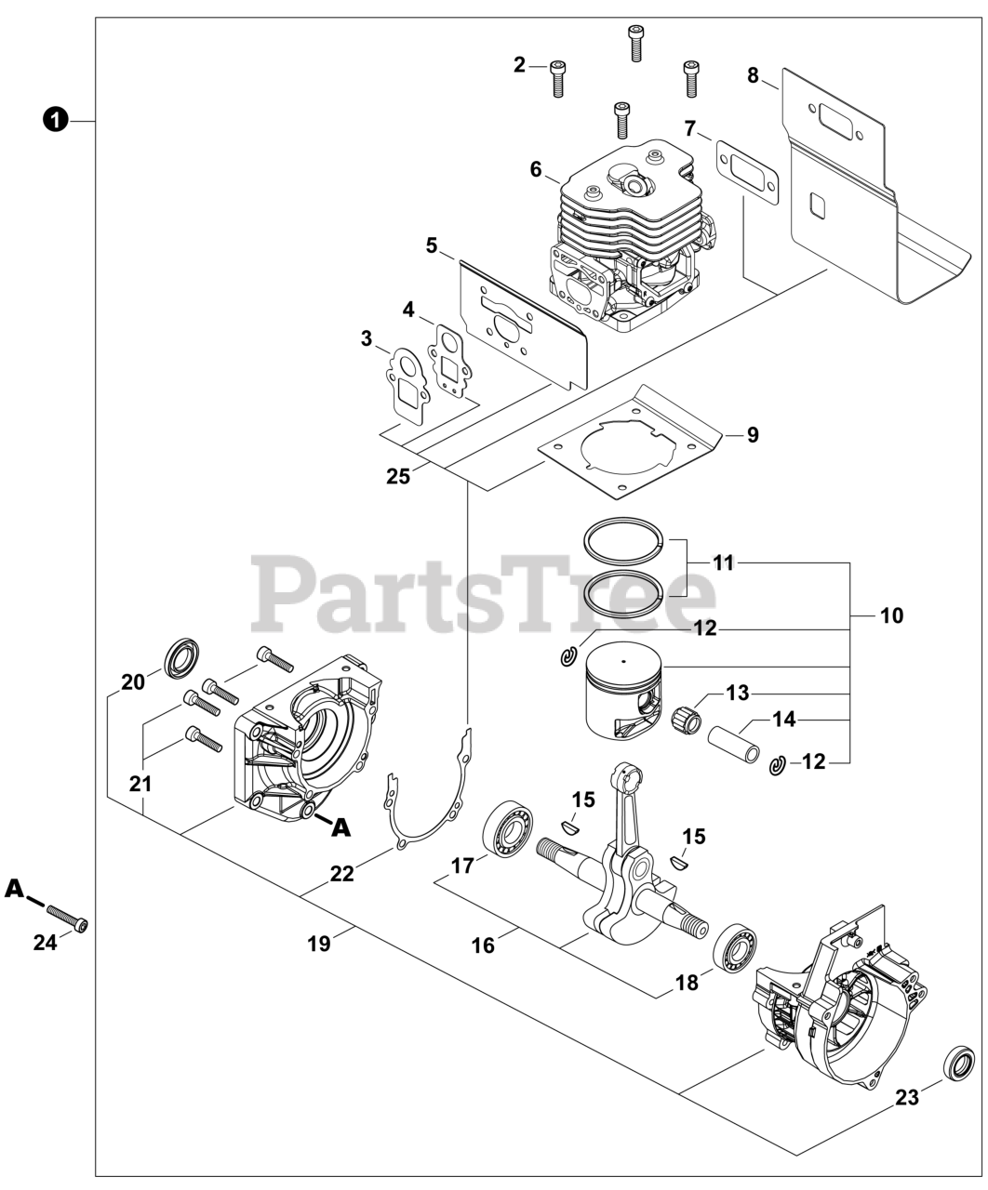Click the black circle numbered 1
57,120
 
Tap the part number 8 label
753,76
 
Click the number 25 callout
398,476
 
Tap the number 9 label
752,434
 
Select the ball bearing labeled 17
506,826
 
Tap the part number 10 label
890,615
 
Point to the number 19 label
318,943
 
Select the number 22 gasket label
342,874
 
